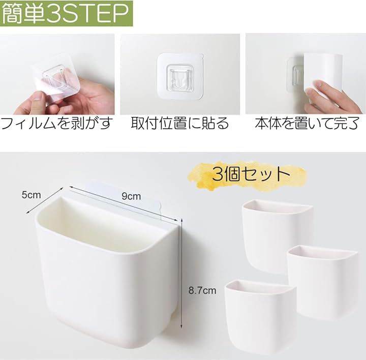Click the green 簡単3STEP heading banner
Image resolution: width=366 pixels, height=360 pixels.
coord(66,13)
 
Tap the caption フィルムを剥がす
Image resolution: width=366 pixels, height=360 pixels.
coord(56,123)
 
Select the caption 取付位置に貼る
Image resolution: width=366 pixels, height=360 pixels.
coord(179,123)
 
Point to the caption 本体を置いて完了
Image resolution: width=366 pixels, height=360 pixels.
coord(307,123)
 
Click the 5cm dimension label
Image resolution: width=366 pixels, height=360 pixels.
coord(31,195)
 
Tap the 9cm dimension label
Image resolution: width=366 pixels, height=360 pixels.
coord(131,196)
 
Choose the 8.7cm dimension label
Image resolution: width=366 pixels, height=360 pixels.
coord(202,291)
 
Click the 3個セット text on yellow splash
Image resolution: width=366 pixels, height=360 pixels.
coord(251,174)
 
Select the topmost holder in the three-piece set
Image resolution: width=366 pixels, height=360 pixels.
coord(277,236)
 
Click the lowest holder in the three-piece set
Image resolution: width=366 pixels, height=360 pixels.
coord(260,316)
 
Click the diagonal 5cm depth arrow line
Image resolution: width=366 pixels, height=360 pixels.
coord(45,200)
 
